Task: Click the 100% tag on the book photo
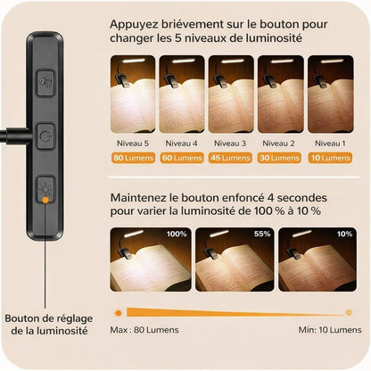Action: tap(175, 235)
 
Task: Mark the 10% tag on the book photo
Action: tap(343, 235)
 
